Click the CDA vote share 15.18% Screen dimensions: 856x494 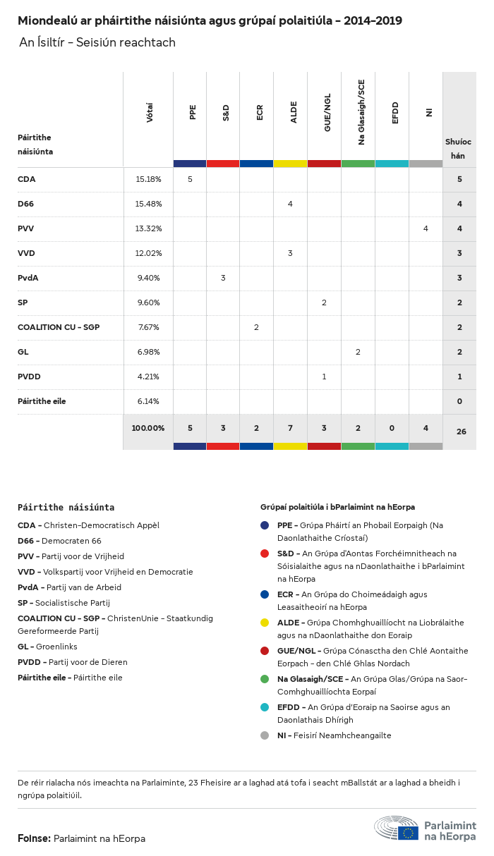(x=148, y=179)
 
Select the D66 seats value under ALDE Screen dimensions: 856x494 (x=290, y=204)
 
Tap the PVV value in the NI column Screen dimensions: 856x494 (x=426, y=228)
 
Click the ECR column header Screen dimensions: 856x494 (x=260, y=112)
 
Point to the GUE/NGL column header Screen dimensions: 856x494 (x=327, y=113)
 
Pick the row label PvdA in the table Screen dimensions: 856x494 (x=28, y=278)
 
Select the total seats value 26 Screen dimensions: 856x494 (x=461, y=432)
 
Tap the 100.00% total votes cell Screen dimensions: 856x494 (x=148, y=428)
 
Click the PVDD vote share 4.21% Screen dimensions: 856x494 (x=148, y=377)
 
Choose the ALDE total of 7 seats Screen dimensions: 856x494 (x=290, y=428)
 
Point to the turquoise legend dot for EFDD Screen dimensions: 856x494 (x=265, y=707)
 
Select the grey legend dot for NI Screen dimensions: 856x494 (x=265, y=735)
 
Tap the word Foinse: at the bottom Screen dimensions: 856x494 (x=34, y=838)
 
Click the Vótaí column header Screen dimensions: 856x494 (x=150, y=113)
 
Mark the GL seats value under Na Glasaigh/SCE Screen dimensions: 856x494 (x=358, y=352)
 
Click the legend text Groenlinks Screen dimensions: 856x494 (x=56, y=647)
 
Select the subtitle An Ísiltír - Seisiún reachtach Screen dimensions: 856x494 (x=97, y=43)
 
